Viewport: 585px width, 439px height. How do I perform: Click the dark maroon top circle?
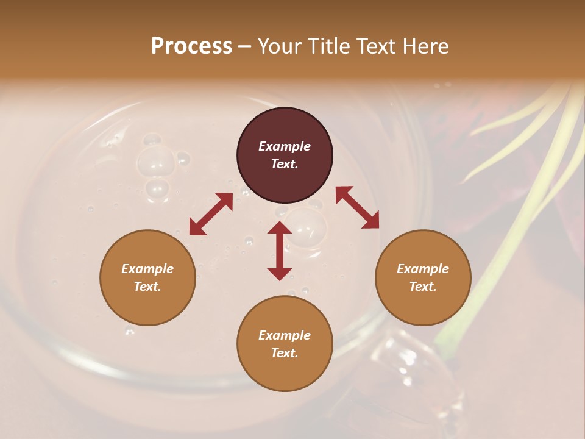click(285, 155)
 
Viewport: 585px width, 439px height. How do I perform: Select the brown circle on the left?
click(147, 277)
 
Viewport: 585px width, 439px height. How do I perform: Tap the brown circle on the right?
click(423, 277)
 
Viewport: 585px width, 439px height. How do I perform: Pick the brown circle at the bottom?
click(285, 344)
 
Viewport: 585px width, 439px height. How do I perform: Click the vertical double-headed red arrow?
click(280, 251)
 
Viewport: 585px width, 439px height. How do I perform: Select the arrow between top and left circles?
click(211, 214)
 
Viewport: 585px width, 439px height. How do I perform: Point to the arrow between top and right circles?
click(358, 207)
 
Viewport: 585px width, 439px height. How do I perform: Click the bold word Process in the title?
click(191, 46)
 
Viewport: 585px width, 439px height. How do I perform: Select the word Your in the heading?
click(278, 46)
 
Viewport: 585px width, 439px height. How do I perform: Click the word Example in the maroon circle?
click(285, 146)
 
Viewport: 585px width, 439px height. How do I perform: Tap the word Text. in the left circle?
click(147, 287)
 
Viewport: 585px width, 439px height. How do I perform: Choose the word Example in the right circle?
click(423, 269)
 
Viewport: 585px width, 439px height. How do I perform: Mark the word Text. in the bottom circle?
click(285, 353)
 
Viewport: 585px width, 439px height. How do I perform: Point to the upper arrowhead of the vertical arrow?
click(280, 227)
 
